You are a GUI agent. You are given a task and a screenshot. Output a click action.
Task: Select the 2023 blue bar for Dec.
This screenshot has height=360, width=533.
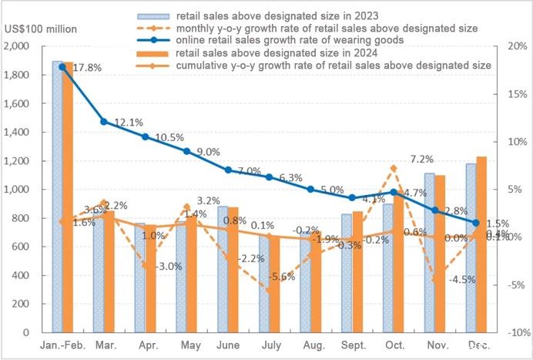coord(470,247)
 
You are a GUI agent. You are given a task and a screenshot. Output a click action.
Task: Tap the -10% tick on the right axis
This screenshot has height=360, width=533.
coord(513,332)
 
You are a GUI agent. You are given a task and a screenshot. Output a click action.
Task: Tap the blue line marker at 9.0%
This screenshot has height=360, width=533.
coord(186,151)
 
